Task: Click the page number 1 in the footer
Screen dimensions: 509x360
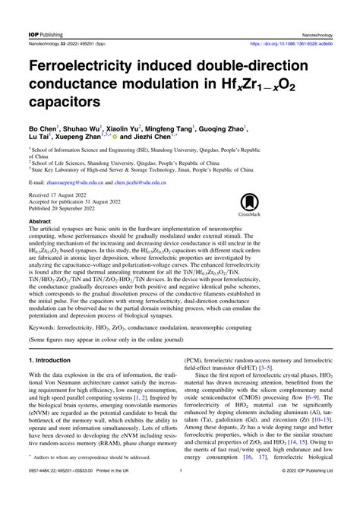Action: point(180,492)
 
